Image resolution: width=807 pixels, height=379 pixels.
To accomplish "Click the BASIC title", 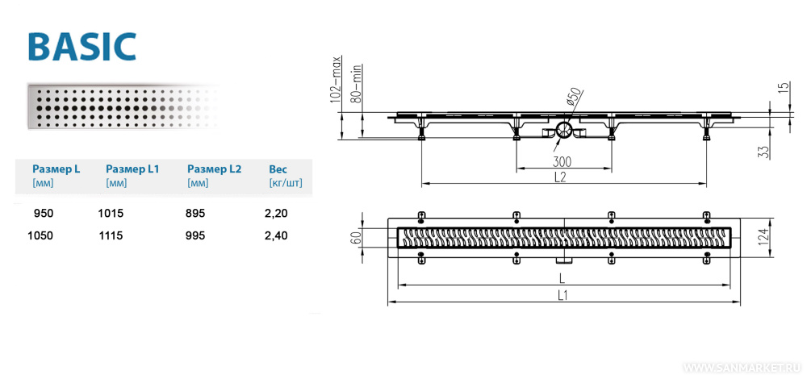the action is pyautogui.click(x=82, y=47).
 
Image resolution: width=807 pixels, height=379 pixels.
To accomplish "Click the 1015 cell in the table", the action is pyautogui.click(x=111, y=213).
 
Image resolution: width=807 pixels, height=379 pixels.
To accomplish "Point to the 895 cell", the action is pyautogui.click(x=196, y=213).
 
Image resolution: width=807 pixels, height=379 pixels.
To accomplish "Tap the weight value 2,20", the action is pyautogui.click(x=278, y=213).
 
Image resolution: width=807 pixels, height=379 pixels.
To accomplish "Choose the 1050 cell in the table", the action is pyautogui.click(x=39, y=235).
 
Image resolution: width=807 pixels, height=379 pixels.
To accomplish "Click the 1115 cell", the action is pyautogui.click(x=111, y=235).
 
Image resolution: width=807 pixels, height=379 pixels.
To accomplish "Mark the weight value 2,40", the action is pyautogui.click(x=278, y=235).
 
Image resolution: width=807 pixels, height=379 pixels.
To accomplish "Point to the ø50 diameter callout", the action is pyautogui.click(x=573, y=97).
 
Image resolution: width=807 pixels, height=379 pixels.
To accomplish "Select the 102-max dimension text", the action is pyautogui.click(x=337, y=80).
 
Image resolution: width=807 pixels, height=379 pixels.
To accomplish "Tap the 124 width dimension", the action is pyautogui.click(x=780, y=236).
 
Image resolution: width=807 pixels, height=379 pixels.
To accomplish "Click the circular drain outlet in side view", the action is pyautogui.click(x=564, y=130).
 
